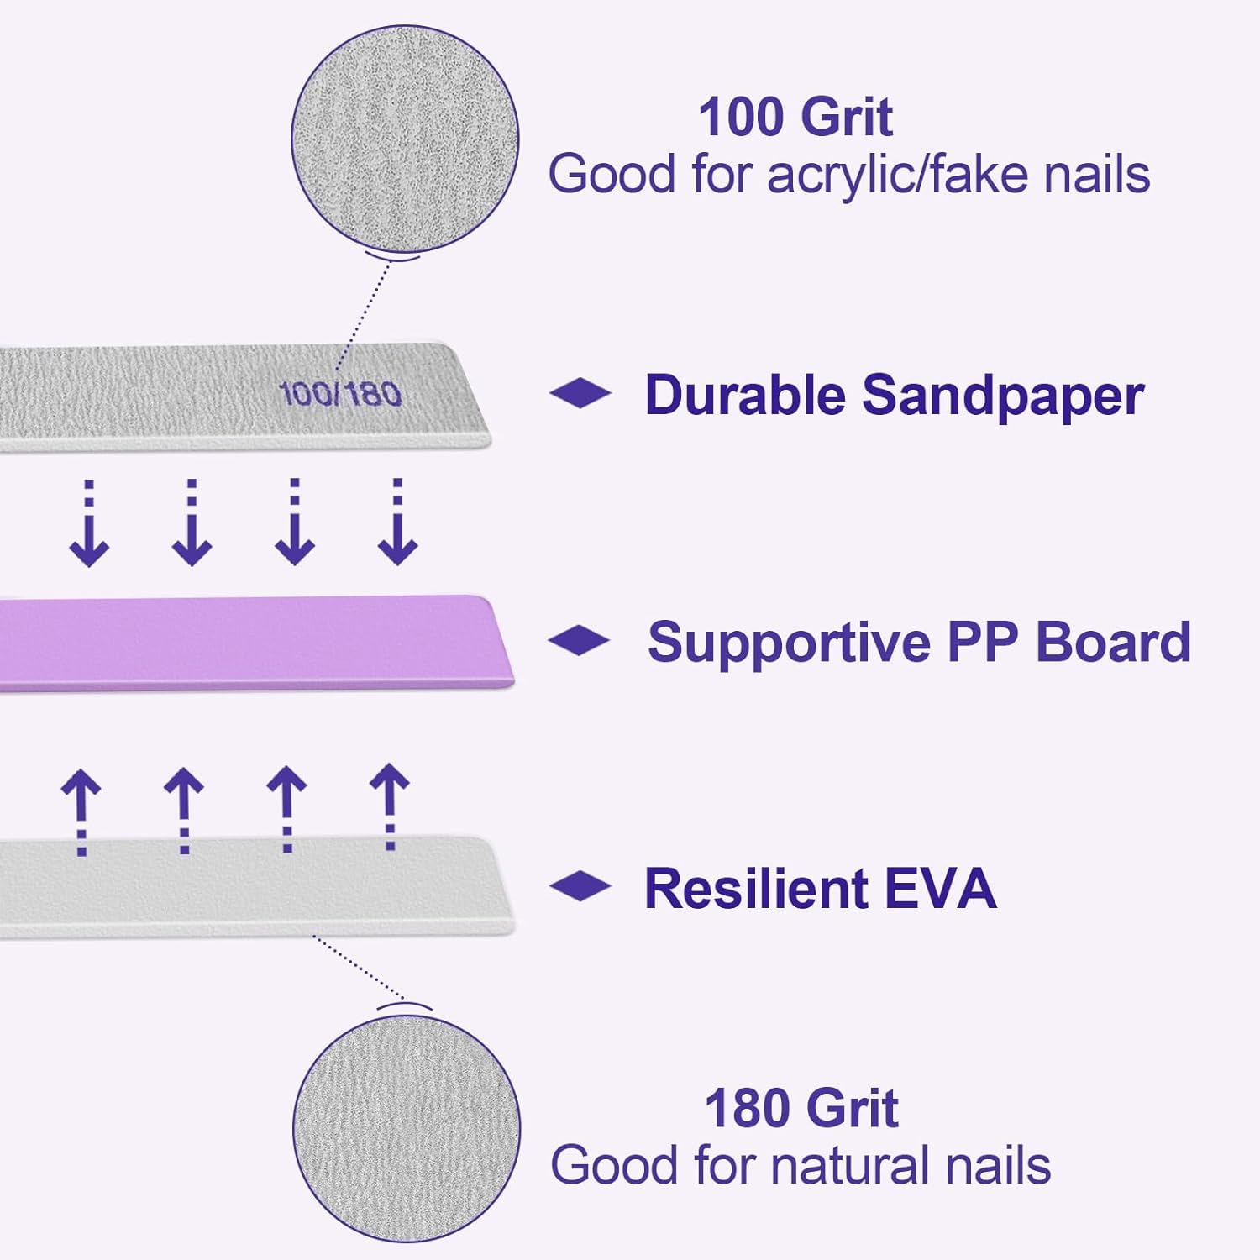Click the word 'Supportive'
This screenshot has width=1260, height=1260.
[x=790, y=643]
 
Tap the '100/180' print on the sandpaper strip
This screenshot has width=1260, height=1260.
[x=340, y=394]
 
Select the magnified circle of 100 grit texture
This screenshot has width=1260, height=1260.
[x=405, y=139]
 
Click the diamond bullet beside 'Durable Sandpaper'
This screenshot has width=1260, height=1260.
[x=580, y=393]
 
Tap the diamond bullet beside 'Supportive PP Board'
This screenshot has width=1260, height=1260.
[x=579, y=640]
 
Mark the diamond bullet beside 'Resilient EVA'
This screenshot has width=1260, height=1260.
[x=580, y=886]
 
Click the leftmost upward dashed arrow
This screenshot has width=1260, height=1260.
[x=81, y=811]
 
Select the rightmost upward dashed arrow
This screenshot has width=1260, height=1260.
[x=390, y=806]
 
